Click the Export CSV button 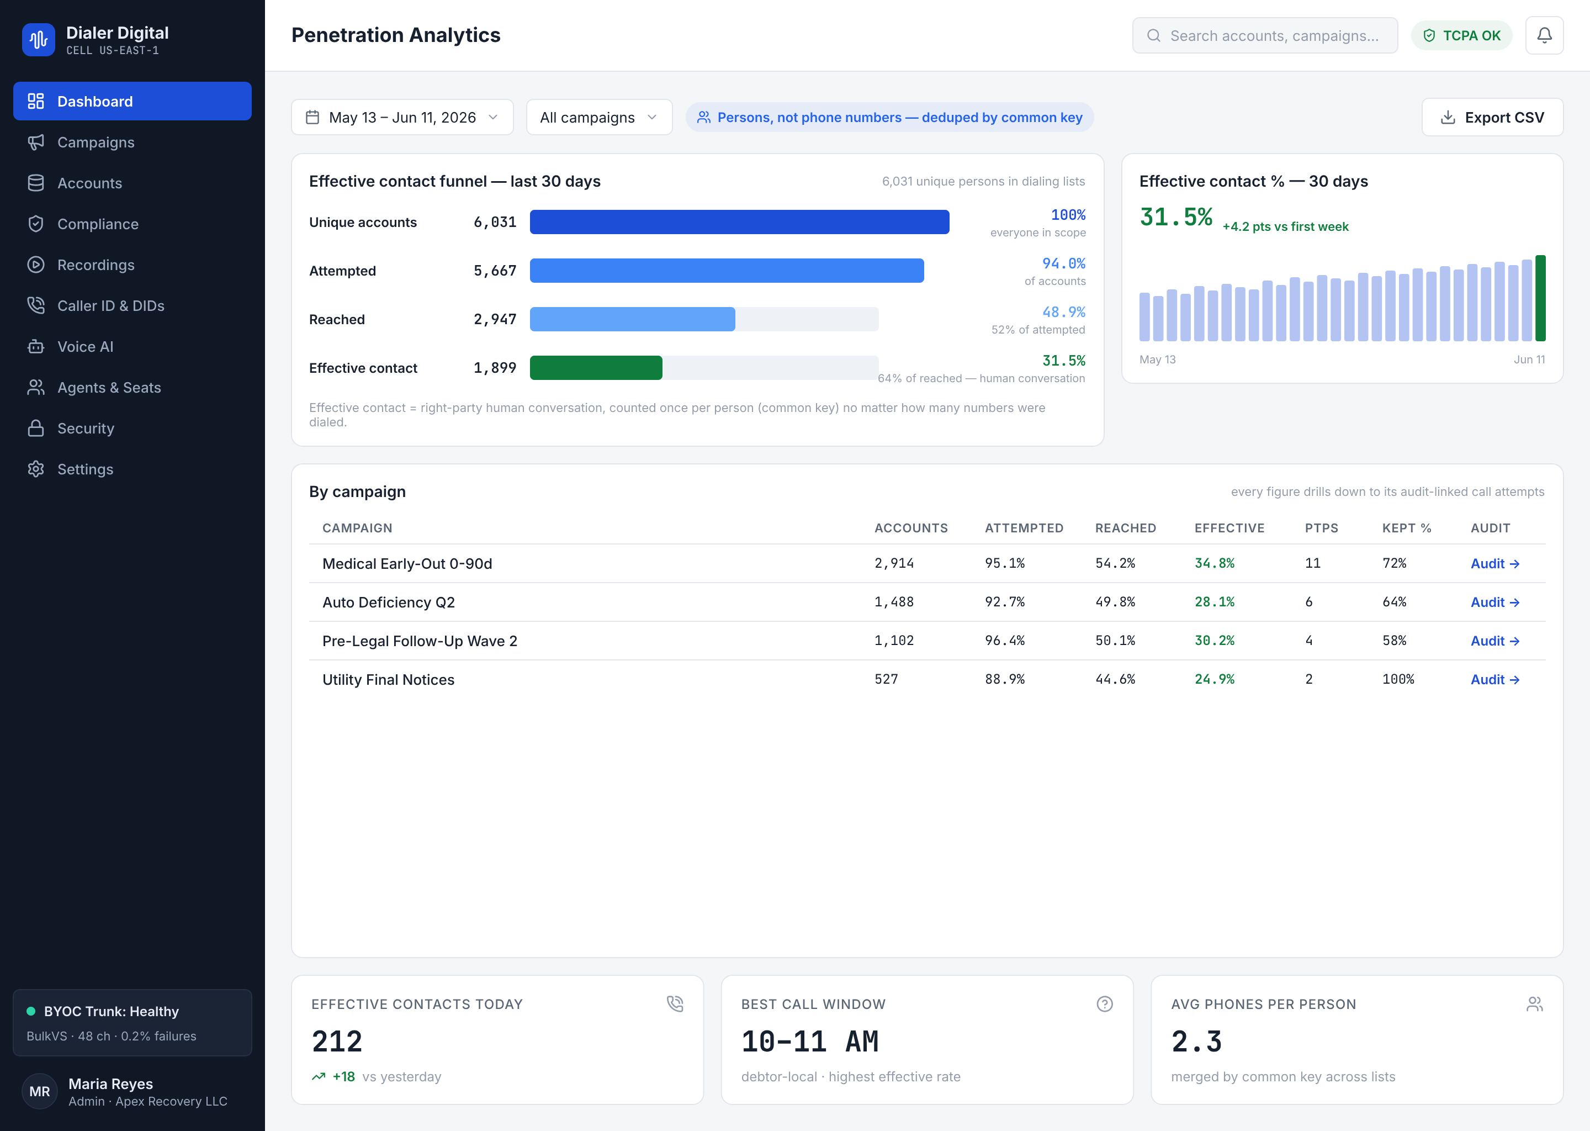coord(1492,117)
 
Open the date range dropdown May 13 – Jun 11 coord(402,117)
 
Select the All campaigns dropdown coord(598,117)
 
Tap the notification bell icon coord(1544,35)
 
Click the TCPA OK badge coord(1461,35)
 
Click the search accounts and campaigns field coord(1264,35)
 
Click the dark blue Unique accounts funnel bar coord(739,222)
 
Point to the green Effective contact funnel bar coord(596,368)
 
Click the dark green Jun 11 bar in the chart coord(1540,298)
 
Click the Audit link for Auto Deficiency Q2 coord(1494,603)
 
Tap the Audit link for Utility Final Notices coord(1494,680)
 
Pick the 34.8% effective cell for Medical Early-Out coord(1214,563)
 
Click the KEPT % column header coord(1406,528)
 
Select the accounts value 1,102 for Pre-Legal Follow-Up coord(894,641)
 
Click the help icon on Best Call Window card coord(1105,1003)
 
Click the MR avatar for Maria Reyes coord(40,1091)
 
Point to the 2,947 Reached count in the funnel coord(495,319)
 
